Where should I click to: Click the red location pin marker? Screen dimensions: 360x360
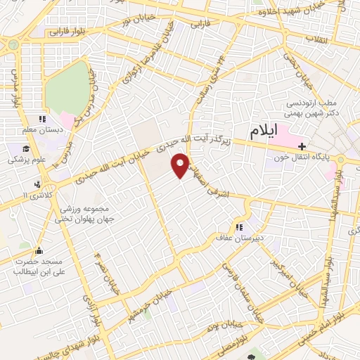tap(181, 165)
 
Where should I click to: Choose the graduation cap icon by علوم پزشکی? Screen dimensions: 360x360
tap(25, 149)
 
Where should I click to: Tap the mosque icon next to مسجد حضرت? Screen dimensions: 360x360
tap(38, 250)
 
